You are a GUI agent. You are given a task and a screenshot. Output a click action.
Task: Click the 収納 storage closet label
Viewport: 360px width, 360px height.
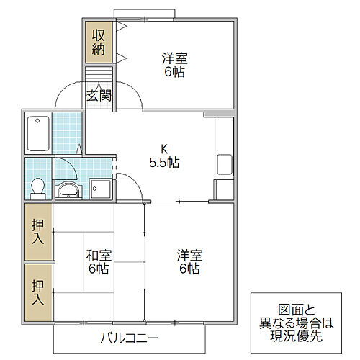tap(97, 41)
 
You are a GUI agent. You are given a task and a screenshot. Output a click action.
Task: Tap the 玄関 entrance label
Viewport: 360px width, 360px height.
tap(99, 95)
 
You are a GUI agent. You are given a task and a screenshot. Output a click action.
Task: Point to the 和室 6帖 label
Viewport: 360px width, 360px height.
tap(98, 261)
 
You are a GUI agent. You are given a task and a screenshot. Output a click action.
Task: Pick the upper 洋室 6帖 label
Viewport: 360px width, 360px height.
tap(173, 65)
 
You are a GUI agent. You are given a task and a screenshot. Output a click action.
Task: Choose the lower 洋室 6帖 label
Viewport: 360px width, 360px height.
tap(190, 261)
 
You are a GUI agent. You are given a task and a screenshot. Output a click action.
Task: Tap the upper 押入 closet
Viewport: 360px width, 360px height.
tap(38, 231)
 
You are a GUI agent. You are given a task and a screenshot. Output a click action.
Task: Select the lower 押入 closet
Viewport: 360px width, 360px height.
tap(38, 292)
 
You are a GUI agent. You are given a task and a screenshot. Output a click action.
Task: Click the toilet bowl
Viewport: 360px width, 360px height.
tap(38, 187)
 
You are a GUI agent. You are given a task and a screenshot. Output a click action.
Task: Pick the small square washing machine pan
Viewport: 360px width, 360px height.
tap(101, 190)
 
